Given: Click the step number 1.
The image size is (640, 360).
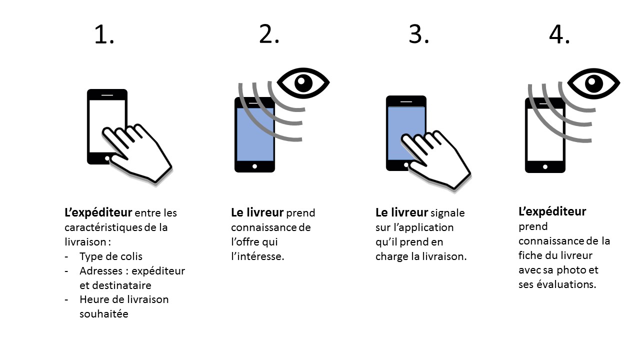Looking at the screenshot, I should point(104,35).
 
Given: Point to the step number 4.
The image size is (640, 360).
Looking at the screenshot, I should point(559,35).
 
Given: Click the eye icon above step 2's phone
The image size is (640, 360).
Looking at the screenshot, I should point(303,82).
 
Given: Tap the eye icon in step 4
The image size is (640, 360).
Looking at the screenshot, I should point(593,83).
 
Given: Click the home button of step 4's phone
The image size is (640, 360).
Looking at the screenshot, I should point(545,166).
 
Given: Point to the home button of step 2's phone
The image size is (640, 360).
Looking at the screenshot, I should point(255,166).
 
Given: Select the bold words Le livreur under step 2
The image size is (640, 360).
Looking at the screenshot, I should point(257,213).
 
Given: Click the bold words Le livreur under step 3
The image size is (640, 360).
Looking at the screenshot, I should point(401,213).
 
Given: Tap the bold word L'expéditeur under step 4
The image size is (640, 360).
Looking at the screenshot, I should point(552,211).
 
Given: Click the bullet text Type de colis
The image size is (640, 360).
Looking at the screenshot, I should point(110,256).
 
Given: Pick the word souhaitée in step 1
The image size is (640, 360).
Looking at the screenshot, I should point(104,314).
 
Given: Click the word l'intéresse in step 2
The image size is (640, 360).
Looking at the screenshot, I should point(257,256).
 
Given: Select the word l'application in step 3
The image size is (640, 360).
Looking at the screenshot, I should point(422,227).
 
